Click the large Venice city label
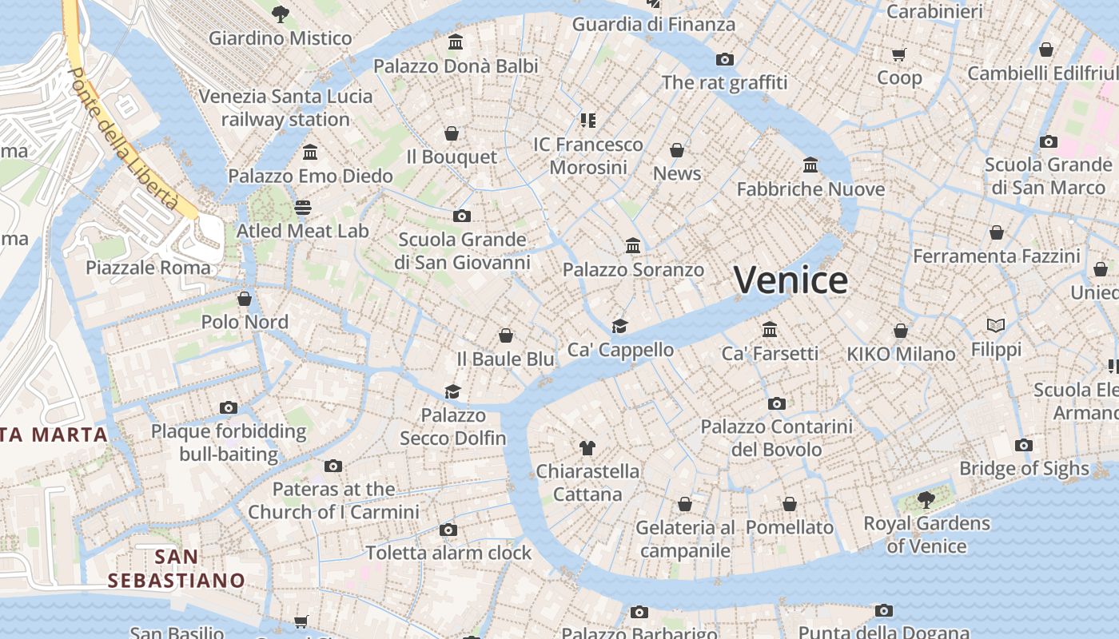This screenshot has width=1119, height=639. (790, 280)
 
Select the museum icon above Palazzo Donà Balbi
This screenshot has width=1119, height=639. (456, 42)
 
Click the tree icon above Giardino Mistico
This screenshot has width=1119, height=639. (280, 14)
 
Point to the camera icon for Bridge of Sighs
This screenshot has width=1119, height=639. (1023, 445)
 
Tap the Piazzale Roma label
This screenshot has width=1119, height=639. (148, 268)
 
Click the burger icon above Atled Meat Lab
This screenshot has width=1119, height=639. (302, 208)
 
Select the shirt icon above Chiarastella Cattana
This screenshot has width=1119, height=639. (587, 447)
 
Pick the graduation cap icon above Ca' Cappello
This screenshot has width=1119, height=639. (620, 326)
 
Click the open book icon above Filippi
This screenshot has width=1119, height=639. (996, 326)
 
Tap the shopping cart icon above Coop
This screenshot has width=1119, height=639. (899, 54)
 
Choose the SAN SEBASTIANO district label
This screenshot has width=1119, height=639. (177, 568)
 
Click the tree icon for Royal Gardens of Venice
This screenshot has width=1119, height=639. (926, 500)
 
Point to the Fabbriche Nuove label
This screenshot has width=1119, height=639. (810, 189)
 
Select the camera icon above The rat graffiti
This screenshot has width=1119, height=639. (725, 59)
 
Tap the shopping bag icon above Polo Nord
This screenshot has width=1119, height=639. (245, 299)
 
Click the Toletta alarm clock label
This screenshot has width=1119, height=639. (448, 553)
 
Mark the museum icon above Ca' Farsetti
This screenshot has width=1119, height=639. (770, 329)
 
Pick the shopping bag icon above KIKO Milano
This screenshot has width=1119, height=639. (901, 331)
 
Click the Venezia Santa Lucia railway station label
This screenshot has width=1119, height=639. (285, 108)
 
